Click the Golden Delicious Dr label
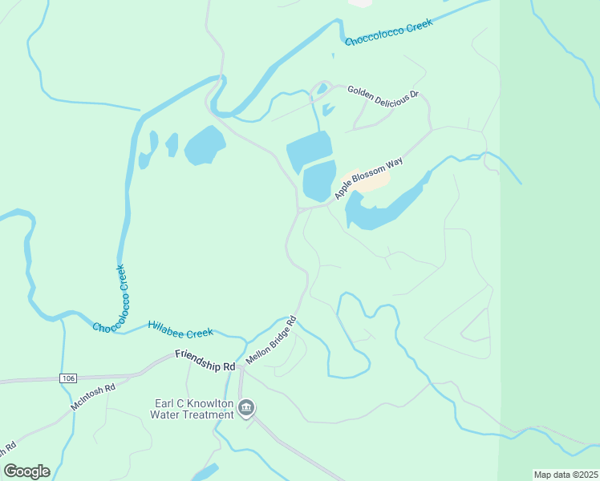(383, 93)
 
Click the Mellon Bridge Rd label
(271, 341)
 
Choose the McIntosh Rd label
(93, 397)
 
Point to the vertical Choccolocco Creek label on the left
(123, 289)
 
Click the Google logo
(26, 471)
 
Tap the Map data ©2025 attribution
(566, 475)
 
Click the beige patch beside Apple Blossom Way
(367, 180)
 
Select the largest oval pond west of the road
(205, 145)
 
